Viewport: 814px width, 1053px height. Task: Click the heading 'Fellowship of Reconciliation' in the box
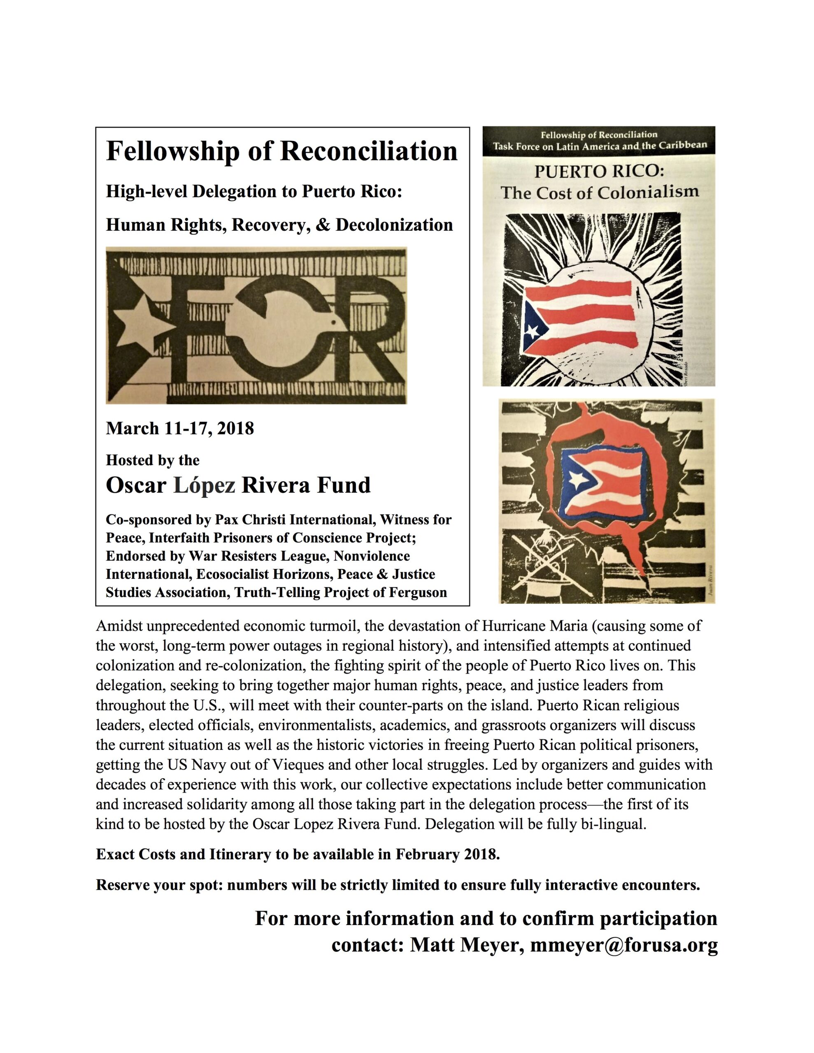click(281, 151)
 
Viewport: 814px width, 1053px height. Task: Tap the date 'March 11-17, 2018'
click(179, 428)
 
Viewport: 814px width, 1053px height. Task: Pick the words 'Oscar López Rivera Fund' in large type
click(238, 485)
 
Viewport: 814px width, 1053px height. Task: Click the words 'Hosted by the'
click(153, 460)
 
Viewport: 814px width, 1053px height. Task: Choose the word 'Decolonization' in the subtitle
click(394, 225)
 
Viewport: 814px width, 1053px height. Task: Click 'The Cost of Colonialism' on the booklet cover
click(599, 193)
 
